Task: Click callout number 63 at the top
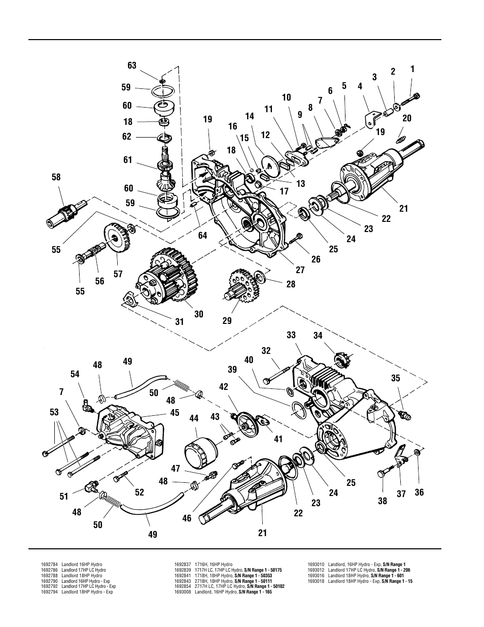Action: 132,65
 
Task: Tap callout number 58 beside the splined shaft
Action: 56,177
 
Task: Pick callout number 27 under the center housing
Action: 300,270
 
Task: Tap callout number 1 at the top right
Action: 412,70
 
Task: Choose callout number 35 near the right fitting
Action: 396,378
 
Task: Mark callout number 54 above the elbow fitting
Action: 75,374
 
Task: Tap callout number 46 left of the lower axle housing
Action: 187,518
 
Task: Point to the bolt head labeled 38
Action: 382,474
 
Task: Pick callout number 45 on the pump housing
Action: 175,413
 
